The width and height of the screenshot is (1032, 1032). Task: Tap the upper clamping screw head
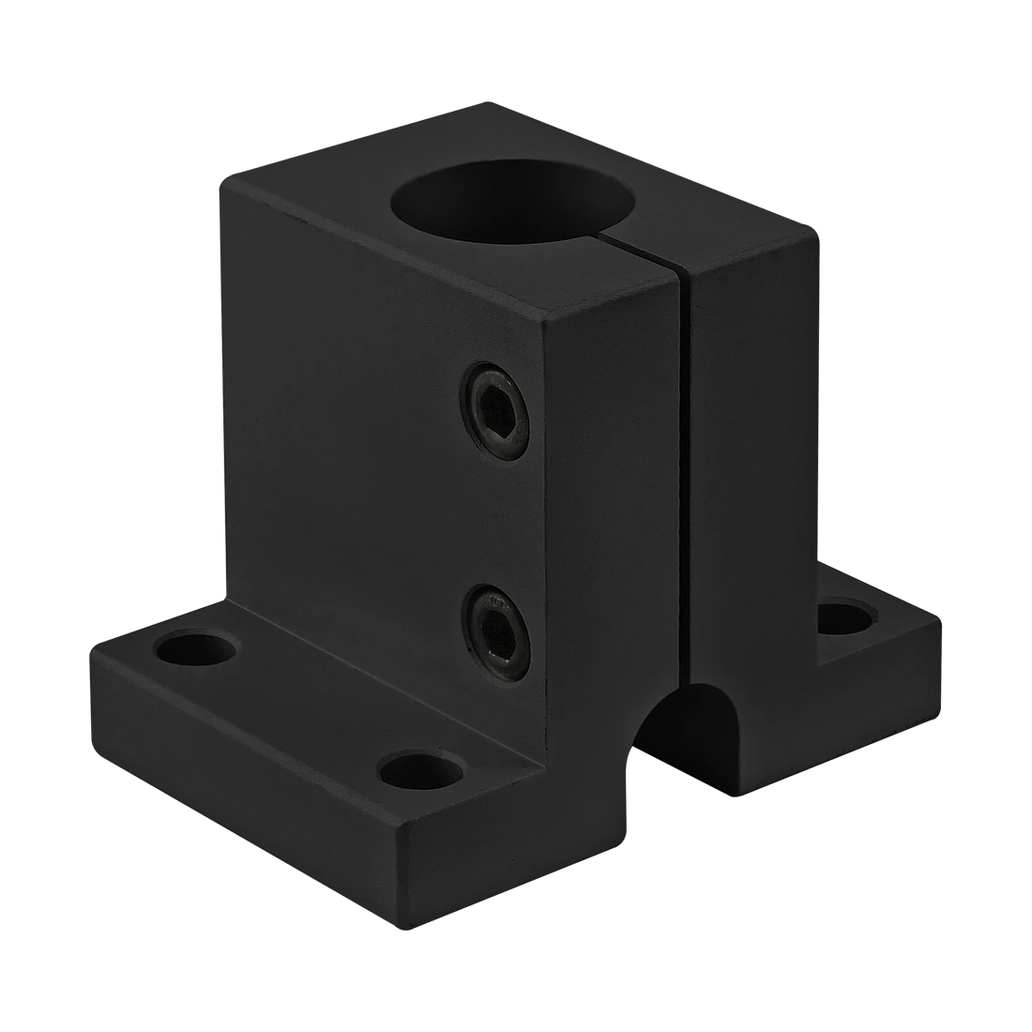[x=494, y=410]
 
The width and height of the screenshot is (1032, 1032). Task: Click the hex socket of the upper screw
[x=494, y=412]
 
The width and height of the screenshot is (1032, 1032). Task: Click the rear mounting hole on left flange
[x=196, y=649]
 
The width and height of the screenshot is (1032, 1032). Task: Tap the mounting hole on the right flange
[x=845, y=618]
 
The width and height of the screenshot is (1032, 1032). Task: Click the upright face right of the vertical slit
[x=751, y=469]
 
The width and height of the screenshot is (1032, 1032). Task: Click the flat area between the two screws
[x=497, y=521]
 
